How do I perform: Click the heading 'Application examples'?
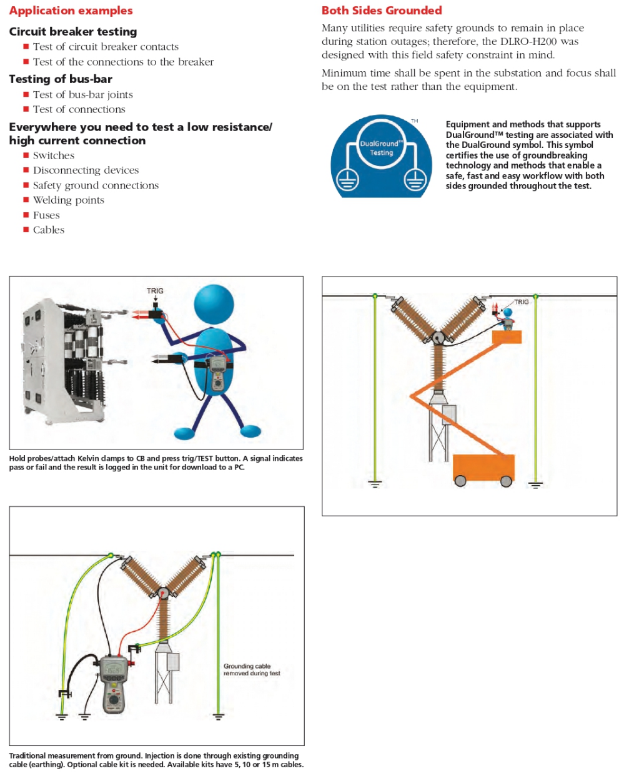(71, 11)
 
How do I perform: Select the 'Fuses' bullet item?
(46, 215)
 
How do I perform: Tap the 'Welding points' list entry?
(69, 200)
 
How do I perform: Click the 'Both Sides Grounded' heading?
(382, 11)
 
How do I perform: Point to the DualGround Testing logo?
(381, 156)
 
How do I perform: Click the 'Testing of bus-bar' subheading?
(61, 79)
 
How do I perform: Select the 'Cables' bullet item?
(49, 230)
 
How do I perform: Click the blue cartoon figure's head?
(214, 304)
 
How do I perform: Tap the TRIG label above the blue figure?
(155, 291)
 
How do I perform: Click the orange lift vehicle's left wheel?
(461, 481)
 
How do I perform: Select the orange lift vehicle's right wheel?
(506, 481)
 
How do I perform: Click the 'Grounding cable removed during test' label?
(252, 669)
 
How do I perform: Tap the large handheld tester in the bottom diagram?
(114, 684)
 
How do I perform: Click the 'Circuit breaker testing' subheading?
(73, 31)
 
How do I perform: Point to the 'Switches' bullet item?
(54, 155)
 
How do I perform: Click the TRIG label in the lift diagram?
(521, 302)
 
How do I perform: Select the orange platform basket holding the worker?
(507, 337)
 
